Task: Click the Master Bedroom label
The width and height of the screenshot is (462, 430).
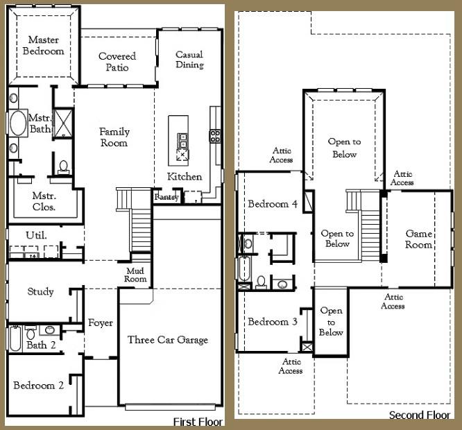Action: tap(43, 46)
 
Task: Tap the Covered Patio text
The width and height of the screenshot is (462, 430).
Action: tap(117, 62)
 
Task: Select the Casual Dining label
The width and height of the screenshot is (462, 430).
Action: tap(189, 60)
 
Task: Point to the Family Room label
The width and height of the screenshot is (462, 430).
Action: tap(114, 137)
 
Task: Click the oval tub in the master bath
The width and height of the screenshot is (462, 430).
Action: tap(18, 126)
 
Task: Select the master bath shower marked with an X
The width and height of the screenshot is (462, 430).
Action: tap(64, 121)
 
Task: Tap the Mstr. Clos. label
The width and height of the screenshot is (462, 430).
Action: tap(44, 201)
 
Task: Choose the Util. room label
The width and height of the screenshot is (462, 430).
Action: tap(36, 235)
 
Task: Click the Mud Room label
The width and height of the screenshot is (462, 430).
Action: tap(136, 275)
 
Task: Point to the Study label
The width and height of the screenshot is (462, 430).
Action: tap(40, 292)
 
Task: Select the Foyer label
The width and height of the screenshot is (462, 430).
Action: tap(100, 323)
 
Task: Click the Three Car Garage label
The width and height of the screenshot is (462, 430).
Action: tap(168, 340)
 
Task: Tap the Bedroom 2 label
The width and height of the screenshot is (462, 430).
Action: tap(39, 386)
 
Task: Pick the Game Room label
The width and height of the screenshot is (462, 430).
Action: tap(419, 239)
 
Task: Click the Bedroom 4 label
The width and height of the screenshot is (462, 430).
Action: tap(273, 204)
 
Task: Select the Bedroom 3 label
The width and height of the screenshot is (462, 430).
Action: tap(273, 322)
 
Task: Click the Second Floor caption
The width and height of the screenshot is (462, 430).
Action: tap(420, 415)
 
